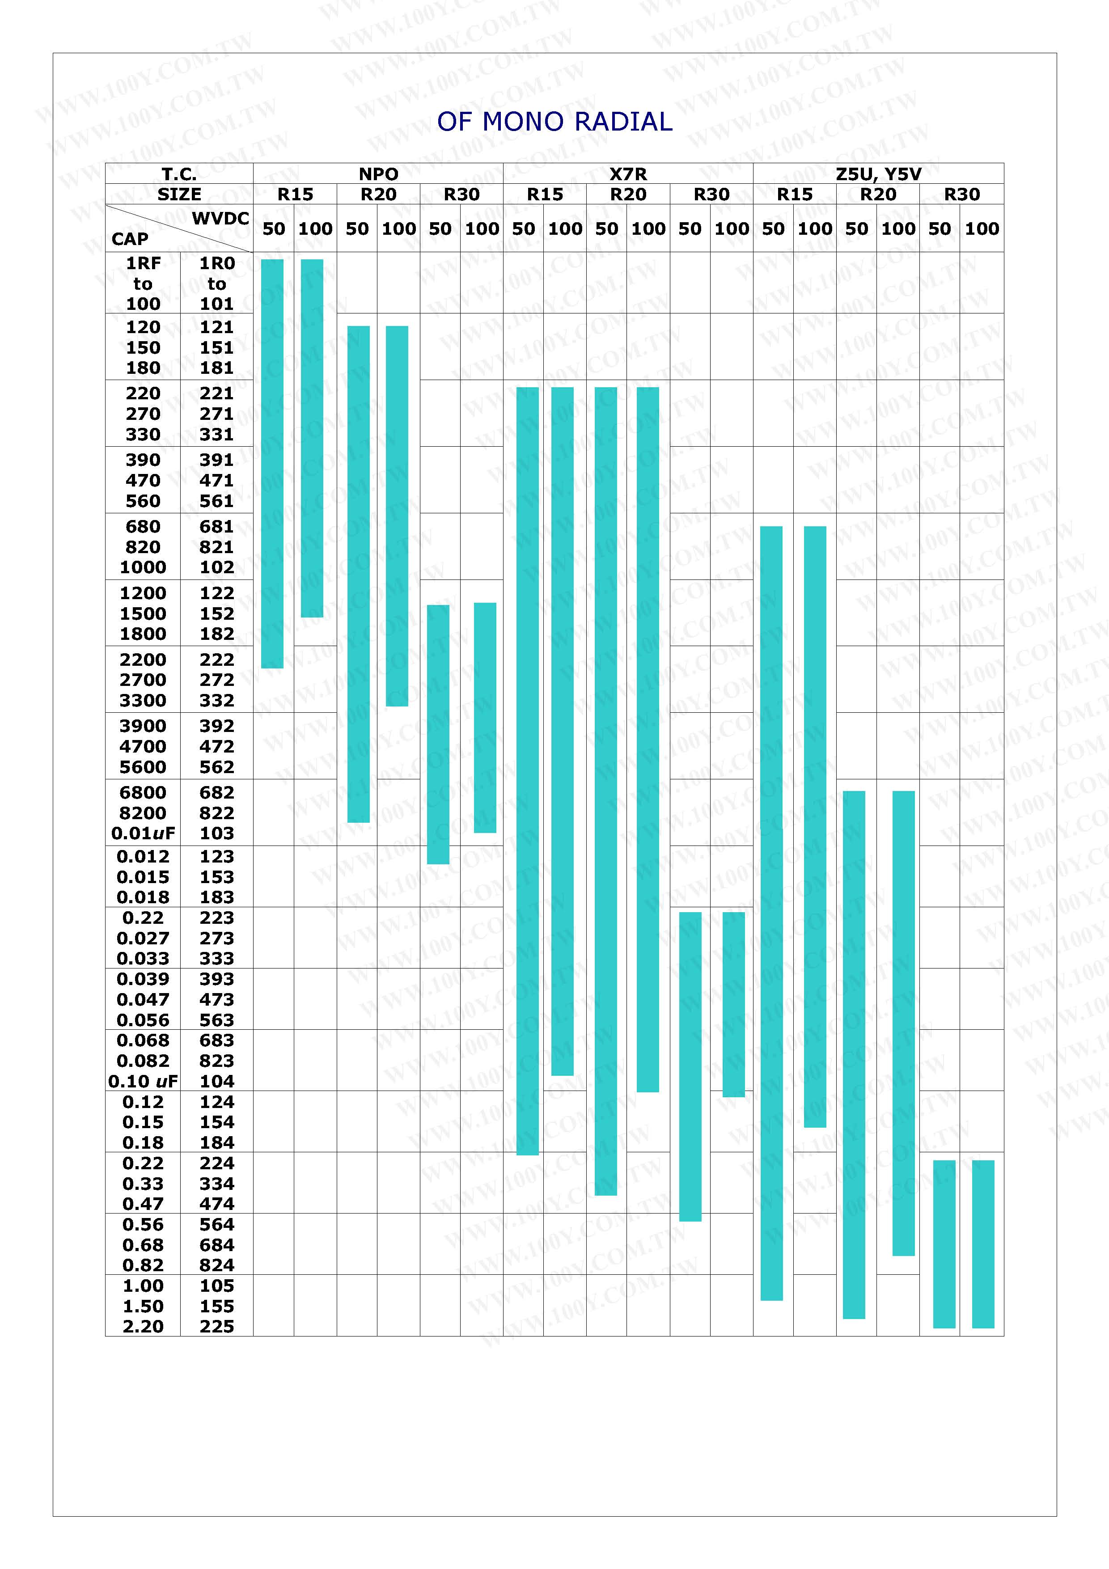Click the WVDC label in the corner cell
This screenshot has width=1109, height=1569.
pyautogui.click(x=220, y=219)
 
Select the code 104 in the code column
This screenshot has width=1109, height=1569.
pyautogui.click(x=216, y=1081)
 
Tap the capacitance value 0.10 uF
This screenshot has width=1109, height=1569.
pyautogui.click(x=143, y=1081)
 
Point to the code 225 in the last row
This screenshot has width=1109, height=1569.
pyautogui.click(x=216, y=1326)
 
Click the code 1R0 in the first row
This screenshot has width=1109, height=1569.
pyautogui.click(x=216, y=263)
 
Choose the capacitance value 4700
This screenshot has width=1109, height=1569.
pyautogui.click(x=143, y=746)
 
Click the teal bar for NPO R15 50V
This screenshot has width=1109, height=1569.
pyautogui.click(x=272, y=463)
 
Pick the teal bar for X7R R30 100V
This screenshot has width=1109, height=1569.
pyautogui.click(x=733, y=1005)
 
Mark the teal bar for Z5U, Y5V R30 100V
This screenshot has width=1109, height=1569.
pyautogui.click(x=982, y=1244)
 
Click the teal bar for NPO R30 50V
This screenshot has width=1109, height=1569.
pyautogui.click(x=438, y=735)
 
